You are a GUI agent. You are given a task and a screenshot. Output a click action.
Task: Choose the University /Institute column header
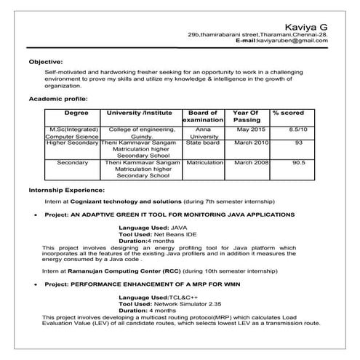[140, 113]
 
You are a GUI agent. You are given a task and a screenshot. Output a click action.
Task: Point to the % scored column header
[289, 113]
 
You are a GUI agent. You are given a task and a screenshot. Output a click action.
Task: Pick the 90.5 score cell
[298, 163]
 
